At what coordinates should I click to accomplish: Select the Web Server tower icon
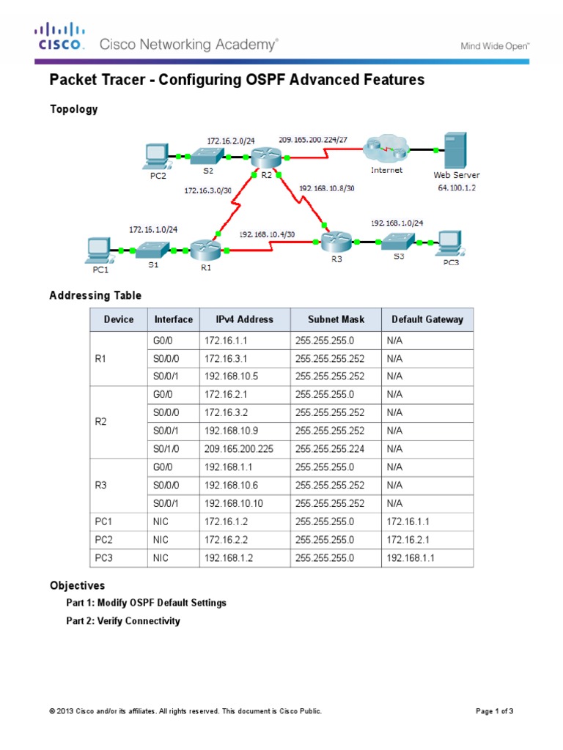click(455, 150)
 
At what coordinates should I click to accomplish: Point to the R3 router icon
click(335, 241)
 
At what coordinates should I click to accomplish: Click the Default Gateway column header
click(427, 319)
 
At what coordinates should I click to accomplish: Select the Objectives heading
click(77, 586)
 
